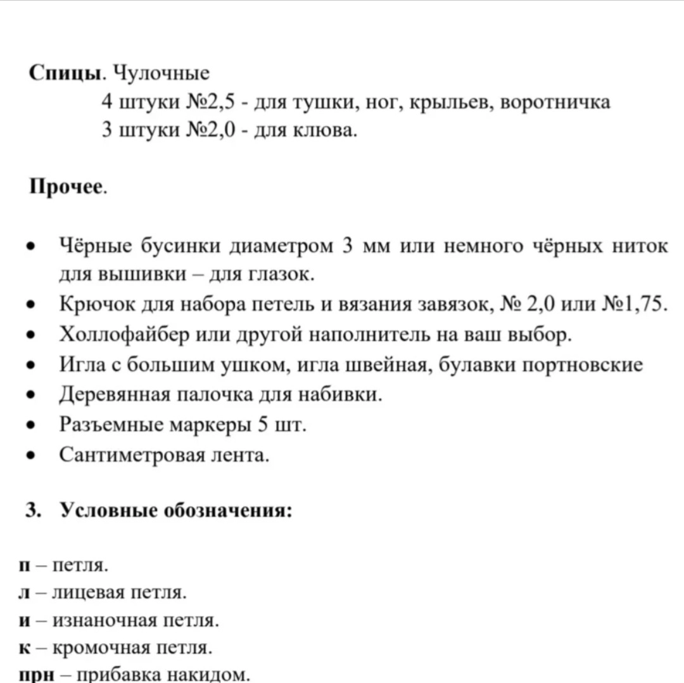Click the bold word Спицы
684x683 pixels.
point(66,73)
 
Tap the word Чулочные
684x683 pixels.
point(160,73)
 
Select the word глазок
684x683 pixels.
point(279,275)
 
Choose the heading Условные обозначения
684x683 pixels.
point(176,510)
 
